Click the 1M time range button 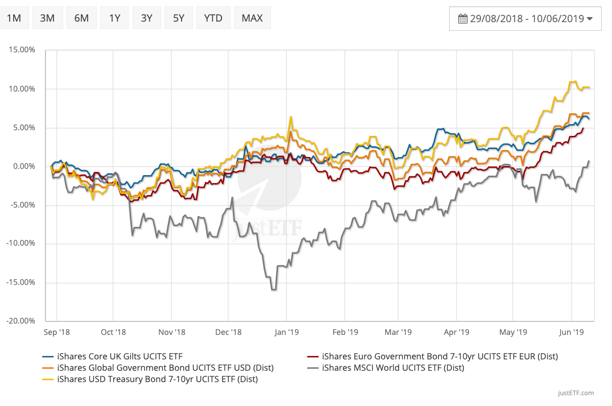coord(14,18)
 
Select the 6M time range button coord(81,18)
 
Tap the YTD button coord(213,18)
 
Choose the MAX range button coord(252,18)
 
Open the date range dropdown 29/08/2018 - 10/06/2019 coord(525,19)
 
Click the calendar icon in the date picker coord(462,19)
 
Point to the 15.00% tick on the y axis coord(22,50)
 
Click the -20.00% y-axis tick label coord(21,321)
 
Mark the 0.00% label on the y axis coord(23,166)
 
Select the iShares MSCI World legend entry coord(393,368)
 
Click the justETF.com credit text coord(576,393)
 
